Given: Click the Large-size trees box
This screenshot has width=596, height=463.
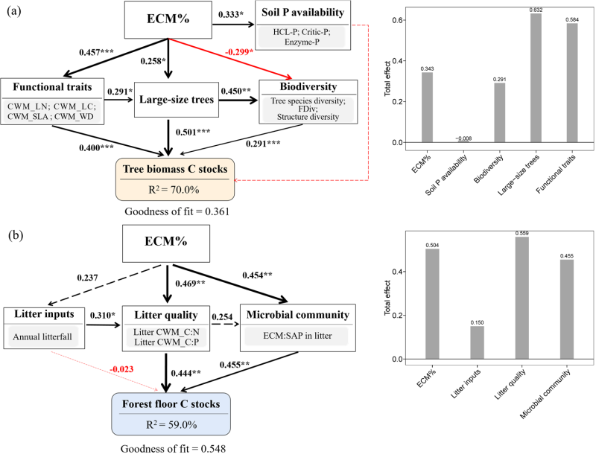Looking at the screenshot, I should coord(177,99).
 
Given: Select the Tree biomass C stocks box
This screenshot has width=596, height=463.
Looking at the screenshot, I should coord(175,179).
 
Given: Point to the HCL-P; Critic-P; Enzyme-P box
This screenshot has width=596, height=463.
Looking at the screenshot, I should coord(302,36).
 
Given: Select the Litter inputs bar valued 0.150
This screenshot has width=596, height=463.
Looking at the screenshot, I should coord(477,342).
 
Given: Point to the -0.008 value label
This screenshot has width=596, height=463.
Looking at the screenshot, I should coord(463,138).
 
